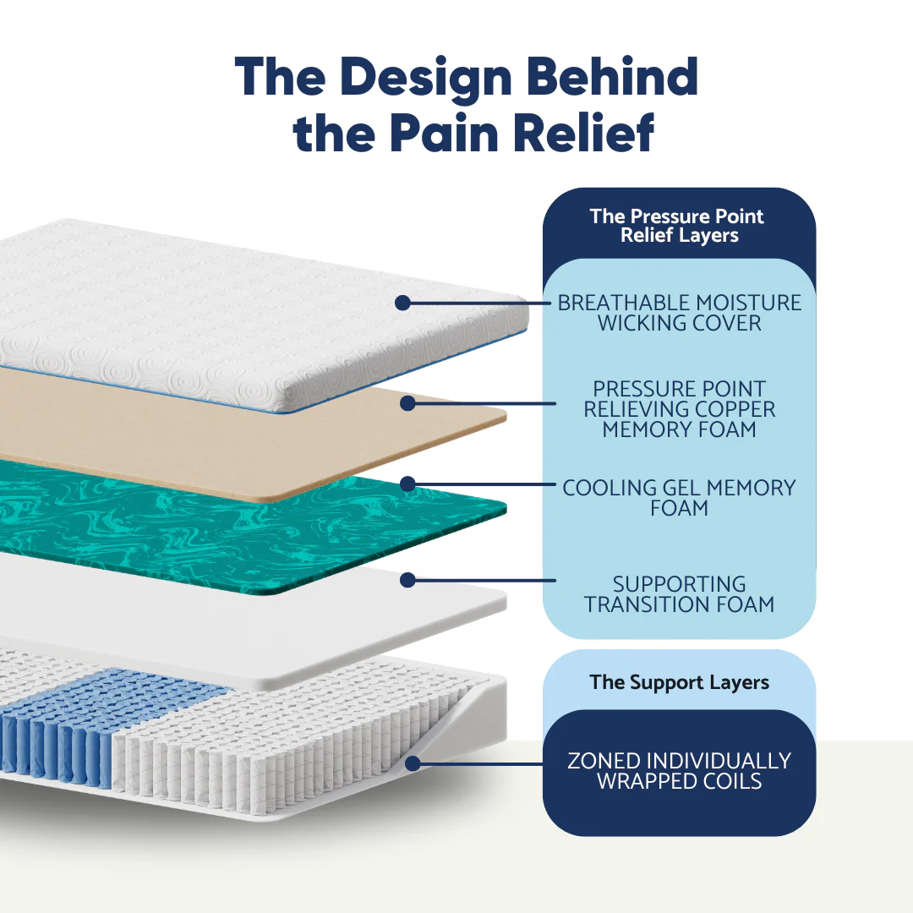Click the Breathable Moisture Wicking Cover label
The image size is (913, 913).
pos(679,313)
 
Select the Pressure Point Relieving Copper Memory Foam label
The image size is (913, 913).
pos(679,409)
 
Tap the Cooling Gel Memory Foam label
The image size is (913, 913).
pos(679,498)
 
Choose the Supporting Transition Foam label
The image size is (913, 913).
pos(679,594)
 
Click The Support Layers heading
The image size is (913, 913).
pos(679,682)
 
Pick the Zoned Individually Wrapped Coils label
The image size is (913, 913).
pos(679,771)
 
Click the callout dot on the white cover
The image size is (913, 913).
pos(402,303)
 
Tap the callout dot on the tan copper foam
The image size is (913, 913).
pos(407,403)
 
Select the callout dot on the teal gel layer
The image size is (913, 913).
pos(407,484)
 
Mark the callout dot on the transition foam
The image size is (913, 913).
pos(407,580)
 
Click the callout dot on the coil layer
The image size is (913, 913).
pos(413,763)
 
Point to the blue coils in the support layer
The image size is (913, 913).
pos(59,727)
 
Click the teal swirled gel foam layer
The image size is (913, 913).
pos(211,524)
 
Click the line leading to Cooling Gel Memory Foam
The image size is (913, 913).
pos(482,484)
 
